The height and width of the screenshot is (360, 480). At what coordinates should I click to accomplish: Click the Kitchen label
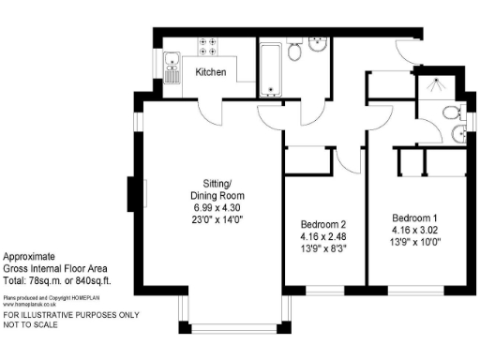click(x=210, y=72)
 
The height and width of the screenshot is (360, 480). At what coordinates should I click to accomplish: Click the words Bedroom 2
click(x=323, y=225)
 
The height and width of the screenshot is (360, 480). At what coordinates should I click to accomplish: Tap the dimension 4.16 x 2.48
click(x=323, y=237)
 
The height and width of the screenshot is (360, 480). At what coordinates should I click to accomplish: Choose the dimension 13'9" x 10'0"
click(x=415, y=241)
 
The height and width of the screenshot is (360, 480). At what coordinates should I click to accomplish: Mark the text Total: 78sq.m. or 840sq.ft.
click(x=57, y=281)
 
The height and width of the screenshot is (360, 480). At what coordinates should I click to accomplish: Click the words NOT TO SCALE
click(x=29, y=323)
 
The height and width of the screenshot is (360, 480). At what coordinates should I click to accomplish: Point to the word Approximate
click(x=29, y=256)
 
